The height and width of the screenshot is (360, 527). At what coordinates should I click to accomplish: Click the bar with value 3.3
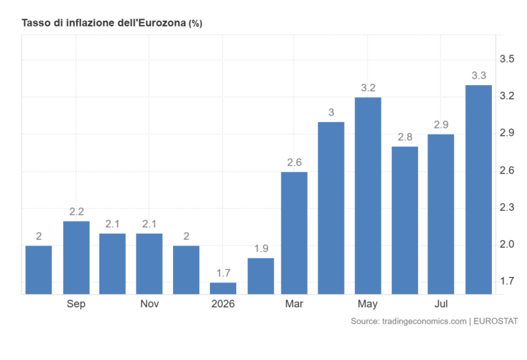(478, 190)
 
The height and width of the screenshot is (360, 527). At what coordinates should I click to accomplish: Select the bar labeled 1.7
(223, 289)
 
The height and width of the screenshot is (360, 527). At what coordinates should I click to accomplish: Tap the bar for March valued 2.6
(294, 233)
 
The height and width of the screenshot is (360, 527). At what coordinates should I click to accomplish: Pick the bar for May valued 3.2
(368, 196)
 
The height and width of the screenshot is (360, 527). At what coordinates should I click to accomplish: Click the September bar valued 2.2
(76, 258)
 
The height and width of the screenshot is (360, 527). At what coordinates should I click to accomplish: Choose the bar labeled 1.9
(261, 276)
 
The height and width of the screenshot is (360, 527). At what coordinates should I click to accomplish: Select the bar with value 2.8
(405, 221)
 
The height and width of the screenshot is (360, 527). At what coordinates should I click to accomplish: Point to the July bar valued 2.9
(441, 214)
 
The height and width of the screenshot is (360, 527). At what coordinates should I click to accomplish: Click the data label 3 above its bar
(331, 112)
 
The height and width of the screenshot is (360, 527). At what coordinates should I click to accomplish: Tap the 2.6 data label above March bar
(294, 163)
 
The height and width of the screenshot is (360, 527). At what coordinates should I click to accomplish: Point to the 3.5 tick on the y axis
(507, 59)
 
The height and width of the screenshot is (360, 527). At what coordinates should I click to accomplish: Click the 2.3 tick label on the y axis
(507, 208)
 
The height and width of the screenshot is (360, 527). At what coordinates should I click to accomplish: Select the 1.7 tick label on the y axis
(507, 281)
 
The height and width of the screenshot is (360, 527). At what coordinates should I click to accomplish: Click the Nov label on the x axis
(150, 304)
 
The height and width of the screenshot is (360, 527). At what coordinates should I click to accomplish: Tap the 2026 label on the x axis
(223, 304)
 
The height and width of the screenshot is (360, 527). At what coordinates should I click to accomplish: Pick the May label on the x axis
(367, 304)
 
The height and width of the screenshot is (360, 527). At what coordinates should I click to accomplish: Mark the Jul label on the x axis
(441, 304)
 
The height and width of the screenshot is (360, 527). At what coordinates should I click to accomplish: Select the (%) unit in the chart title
(196, 23)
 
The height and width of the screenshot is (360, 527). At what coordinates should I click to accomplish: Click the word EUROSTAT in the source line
(495, 322)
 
